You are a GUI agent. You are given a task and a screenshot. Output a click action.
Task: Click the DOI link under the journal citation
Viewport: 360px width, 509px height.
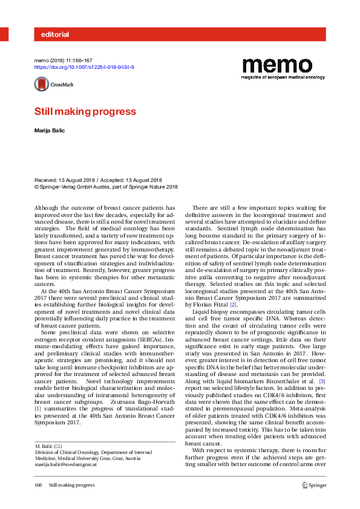coord(83,68)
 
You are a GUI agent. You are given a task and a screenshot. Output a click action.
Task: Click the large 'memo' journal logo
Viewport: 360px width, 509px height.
coord(277,65)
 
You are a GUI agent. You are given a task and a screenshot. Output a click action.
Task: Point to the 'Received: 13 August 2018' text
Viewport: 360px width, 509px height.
coord(64,180)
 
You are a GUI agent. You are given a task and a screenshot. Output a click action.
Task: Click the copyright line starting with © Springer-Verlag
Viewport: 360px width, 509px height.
coord(106,187)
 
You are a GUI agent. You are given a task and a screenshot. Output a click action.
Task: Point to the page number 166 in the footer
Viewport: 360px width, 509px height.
coord(39,485)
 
